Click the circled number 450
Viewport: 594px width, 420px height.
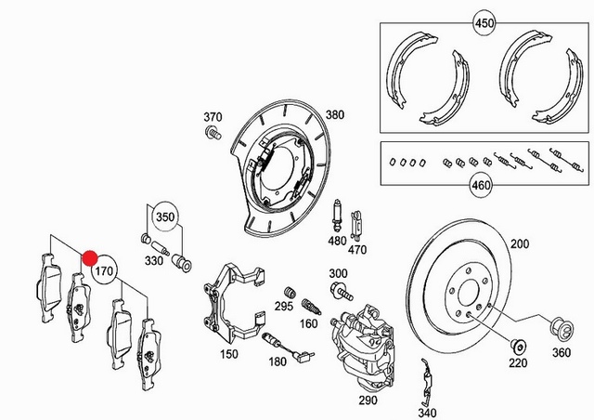point(484,21)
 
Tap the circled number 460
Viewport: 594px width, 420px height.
point(480,186)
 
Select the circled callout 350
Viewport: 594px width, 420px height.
point(164,217)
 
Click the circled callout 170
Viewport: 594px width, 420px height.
point(105,273)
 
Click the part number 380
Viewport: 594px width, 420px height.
point(334,115)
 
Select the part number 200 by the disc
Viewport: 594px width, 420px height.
point(519,243)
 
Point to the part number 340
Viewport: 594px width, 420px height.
point(427,413)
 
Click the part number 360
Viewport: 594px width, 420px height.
point(562,353)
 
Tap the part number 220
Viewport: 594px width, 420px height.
point(517,361)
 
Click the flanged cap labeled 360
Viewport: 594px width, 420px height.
point(560,328)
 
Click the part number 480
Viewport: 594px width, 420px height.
point(337,241)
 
